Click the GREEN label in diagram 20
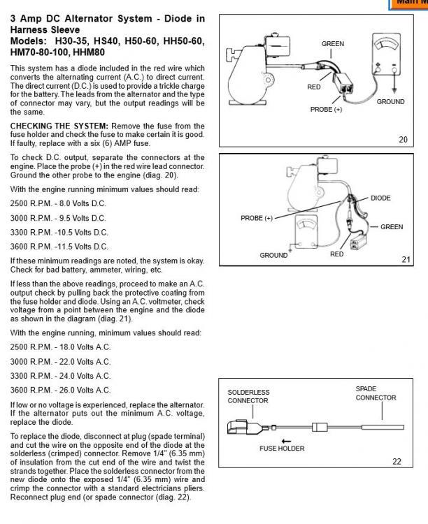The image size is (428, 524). pyautogui.click(x=332, y=44)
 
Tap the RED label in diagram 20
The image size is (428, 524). pyautogui.click(x=313, y=87)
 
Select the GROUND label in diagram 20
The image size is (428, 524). pyautogui.click(x=390, y=102)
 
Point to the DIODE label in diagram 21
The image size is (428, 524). pyautogui.click(x=380, y=198)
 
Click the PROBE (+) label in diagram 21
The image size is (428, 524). pyautogui.click(x=256, y=218)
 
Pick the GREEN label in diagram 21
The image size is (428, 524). pyautogui.click(x=391, y=226)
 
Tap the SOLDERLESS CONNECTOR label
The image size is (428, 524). pyautogui.click(x=248, y=397)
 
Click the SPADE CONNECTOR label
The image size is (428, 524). pyautogui.click(x=376, y=393)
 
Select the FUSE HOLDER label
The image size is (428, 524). pyautogui.click(x=283, y=449)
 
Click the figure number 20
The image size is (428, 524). pyautogui.click(x=402, y=140)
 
